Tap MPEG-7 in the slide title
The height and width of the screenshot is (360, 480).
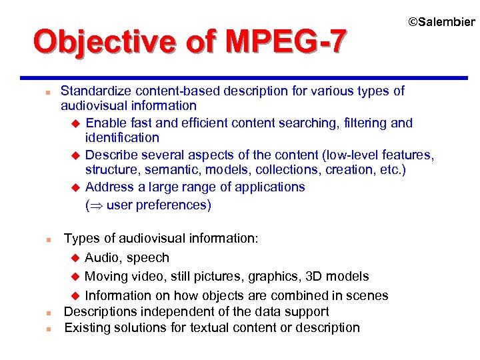286,41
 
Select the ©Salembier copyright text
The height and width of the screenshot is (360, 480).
441,22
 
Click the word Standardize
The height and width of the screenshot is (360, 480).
96,91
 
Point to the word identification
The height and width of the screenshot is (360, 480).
122,138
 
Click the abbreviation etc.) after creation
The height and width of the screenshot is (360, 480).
389,170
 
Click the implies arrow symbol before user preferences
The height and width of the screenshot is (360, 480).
96,205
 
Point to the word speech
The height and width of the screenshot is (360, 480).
147,257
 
